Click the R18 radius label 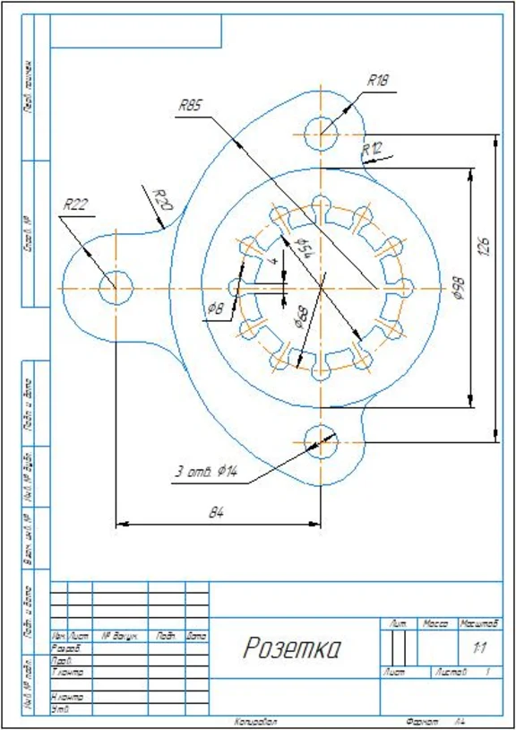coord(378,80)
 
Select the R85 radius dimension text coord(189,105)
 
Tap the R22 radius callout coord(75,204)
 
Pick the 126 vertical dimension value coord(483,246)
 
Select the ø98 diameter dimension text coord(460,285)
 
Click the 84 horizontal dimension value coord(217,512)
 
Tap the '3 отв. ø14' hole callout coord(205,473)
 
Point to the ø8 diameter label coord(215,308)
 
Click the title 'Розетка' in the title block coord(292,648)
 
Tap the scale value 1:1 coord(478,646)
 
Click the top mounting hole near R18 coord(321,135)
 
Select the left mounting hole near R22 coord(116,287)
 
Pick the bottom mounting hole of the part coord(321,439)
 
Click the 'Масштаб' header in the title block coord(477,622)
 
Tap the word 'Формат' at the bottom coord(420,721)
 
